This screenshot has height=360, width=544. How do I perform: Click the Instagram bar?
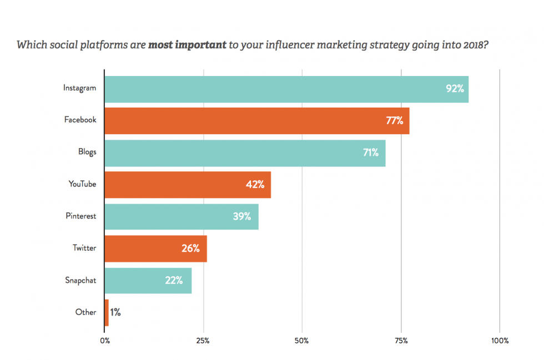click(x=286, y=89)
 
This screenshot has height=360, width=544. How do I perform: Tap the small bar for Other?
click(x=107, y=312)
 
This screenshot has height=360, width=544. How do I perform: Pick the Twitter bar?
click(x=155, y=249)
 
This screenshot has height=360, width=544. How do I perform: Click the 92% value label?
click(x=455, y=88)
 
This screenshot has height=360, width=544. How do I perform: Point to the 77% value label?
click(x=395, y=120)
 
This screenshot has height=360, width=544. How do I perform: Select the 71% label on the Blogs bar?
click(x=371, y=153)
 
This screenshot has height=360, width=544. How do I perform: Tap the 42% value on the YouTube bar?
click(x=255, y=185)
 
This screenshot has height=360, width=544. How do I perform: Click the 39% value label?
click(x=242, y=216)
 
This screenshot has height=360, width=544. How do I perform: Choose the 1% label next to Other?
click(x=115, y=312)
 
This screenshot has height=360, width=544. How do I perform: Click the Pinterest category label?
click(x=80, y=216)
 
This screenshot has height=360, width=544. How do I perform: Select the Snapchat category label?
click(x=80, y=280)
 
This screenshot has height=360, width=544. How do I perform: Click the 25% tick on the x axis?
click(x=203, y=341)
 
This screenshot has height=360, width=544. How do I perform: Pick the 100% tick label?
click(x=500, y=341)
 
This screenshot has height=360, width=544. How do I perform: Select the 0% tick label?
click(x=105, y=341)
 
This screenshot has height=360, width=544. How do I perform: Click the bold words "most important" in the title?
click(x=187, y=44)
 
